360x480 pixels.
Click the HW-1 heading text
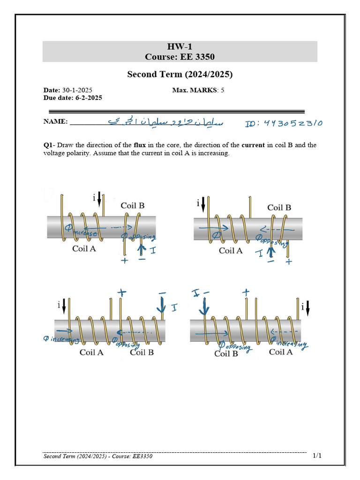[180, 46]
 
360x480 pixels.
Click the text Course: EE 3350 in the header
[180, 57]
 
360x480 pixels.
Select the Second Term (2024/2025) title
[180, 75]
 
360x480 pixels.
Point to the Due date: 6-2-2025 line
[73, 98]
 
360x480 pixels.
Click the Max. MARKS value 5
[223, 90]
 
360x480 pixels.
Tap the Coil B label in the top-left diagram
[133, 205]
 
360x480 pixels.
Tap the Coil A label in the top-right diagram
[231, 251]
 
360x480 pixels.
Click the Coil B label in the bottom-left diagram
[142, 352]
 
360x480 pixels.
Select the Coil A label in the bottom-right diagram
[281, 352]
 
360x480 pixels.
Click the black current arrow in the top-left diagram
[99, 200]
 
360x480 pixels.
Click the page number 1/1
[317, 456]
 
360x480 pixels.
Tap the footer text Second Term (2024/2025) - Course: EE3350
[98, 457]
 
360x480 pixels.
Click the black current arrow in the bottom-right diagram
[308, 308]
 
